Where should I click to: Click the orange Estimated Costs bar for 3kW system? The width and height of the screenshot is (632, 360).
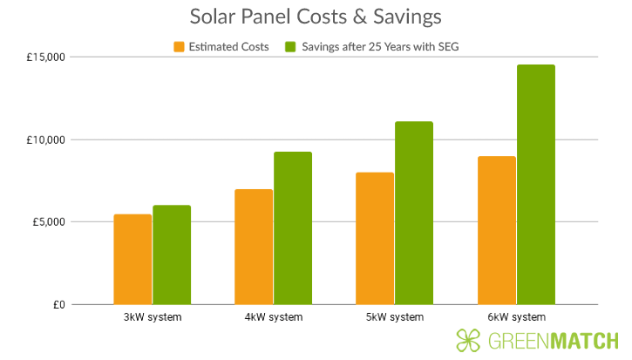(x=133, y=259)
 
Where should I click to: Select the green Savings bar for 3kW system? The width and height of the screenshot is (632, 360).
(x=172, y=255)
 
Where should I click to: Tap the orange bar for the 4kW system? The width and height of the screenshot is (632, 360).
(x=254, y=247)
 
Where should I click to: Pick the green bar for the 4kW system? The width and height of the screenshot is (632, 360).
(x=293, y=228)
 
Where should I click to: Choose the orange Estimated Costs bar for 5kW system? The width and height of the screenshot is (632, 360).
(x=375, y=238)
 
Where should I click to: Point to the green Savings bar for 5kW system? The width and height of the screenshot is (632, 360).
(x=414, y=213)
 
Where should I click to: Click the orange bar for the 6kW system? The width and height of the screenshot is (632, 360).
(x=496, y=230)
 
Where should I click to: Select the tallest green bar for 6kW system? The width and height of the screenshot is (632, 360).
(x=535, y=184)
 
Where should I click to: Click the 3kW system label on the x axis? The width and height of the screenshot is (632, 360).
(x=153, y=316)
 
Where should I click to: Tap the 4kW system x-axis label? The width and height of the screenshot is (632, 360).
(x=274, y=316)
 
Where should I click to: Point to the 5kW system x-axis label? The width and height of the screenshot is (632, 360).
(x=395, y=316)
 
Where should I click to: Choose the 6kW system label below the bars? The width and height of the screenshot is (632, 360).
(x=516, y=316)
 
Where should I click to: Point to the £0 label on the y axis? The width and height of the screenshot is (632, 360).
(x=58, y=304)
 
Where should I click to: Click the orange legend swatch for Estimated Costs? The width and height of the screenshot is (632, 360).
(x=180, y=47)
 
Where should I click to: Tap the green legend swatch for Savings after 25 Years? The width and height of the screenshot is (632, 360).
(x=291, y=47)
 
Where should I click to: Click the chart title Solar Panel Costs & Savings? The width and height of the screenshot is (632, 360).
(x=315, y=17)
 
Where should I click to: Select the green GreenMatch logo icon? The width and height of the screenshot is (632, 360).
(x=468, y=341)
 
